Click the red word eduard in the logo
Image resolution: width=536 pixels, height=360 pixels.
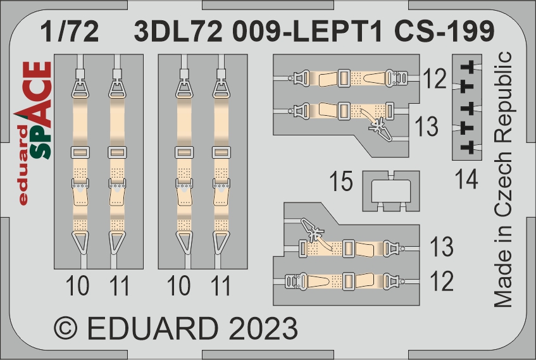click(x=23, y=166)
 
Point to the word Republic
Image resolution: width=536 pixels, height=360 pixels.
click(x=503, y=99)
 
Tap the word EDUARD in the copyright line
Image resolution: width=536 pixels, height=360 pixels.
click(x=153, y=328)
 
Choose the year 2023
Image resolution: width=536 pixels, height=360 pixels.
click(x=263, y=328)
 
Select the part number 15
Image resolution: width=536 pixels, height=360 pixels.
click(x=341, y=181)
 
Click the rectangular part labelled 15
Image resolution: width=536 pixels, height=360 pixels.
click(x=390, y=192)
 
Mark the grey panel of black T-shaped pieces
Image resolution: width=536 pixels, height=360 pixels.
click(x=467, y=107)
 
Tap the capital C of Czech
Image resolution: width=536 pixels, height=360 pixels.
click(x=503, y=209)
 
